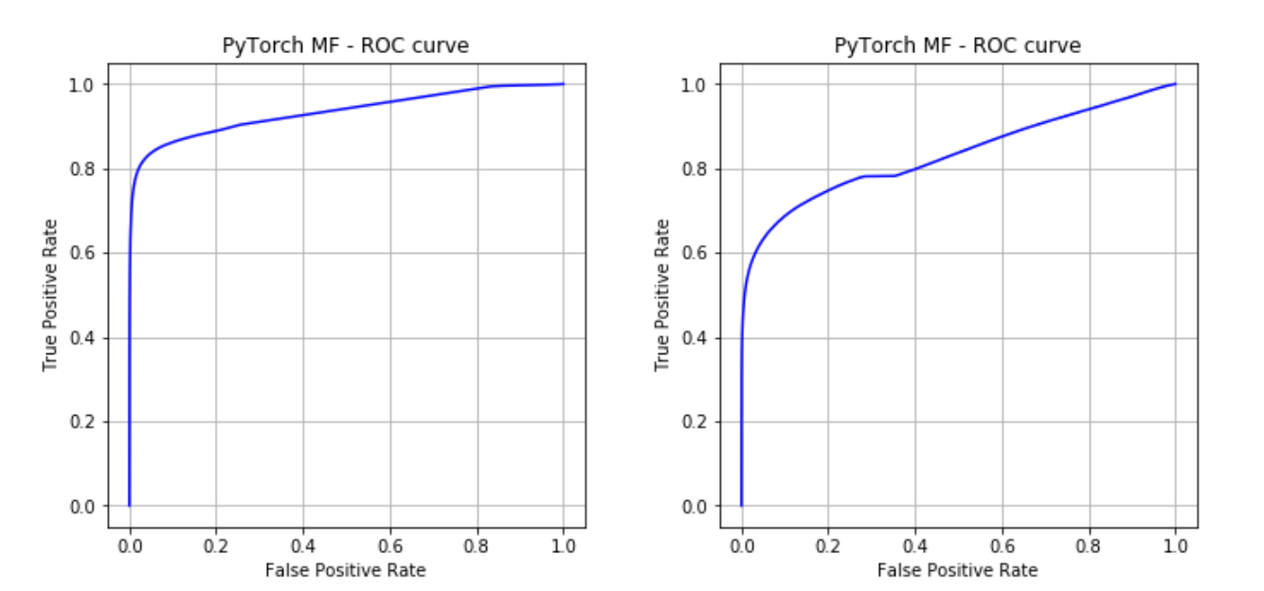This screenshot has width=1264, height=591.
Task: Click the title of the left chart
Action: tap(346, 45)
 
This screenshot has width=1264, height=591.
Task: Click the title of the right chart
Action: tap(957, 45)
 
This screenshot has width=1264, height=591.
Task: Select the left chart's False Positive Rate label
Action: tap(346, 570)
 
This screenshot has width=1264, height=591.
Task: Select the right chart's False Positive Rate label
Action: tap(957, 570)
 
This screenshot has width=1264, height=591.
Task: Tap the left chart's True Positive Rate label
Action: tap(50, 295)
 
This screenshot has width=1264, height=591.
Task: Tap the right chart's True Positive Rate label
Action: tap(662, 295)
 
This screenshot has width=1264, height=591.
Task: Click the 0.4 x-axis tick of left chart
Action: tap(303, 546)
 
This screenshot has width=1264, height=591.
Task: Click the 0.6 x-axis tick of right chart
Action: tap(1002, 546)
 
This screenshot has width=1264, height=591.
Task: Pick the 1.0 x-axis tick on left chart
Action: tap(564, 546)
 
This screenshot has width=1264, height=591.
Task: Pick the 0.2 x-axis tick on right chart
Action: tap(828, 546)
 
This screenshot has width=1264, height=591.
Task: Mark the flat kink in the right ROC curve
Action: tap(879, 175)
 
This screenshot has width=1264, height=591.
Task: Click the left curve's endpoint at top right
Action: tap(564, 84)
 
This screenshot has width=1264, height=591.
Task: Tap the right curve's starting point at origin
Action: tap(741, 506)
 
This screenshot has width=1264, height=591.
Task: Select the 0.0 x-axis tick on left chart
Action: tap(130, 546)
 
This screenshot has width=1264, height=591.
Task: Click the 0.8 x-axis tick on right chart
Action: tap(1089, 546)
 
